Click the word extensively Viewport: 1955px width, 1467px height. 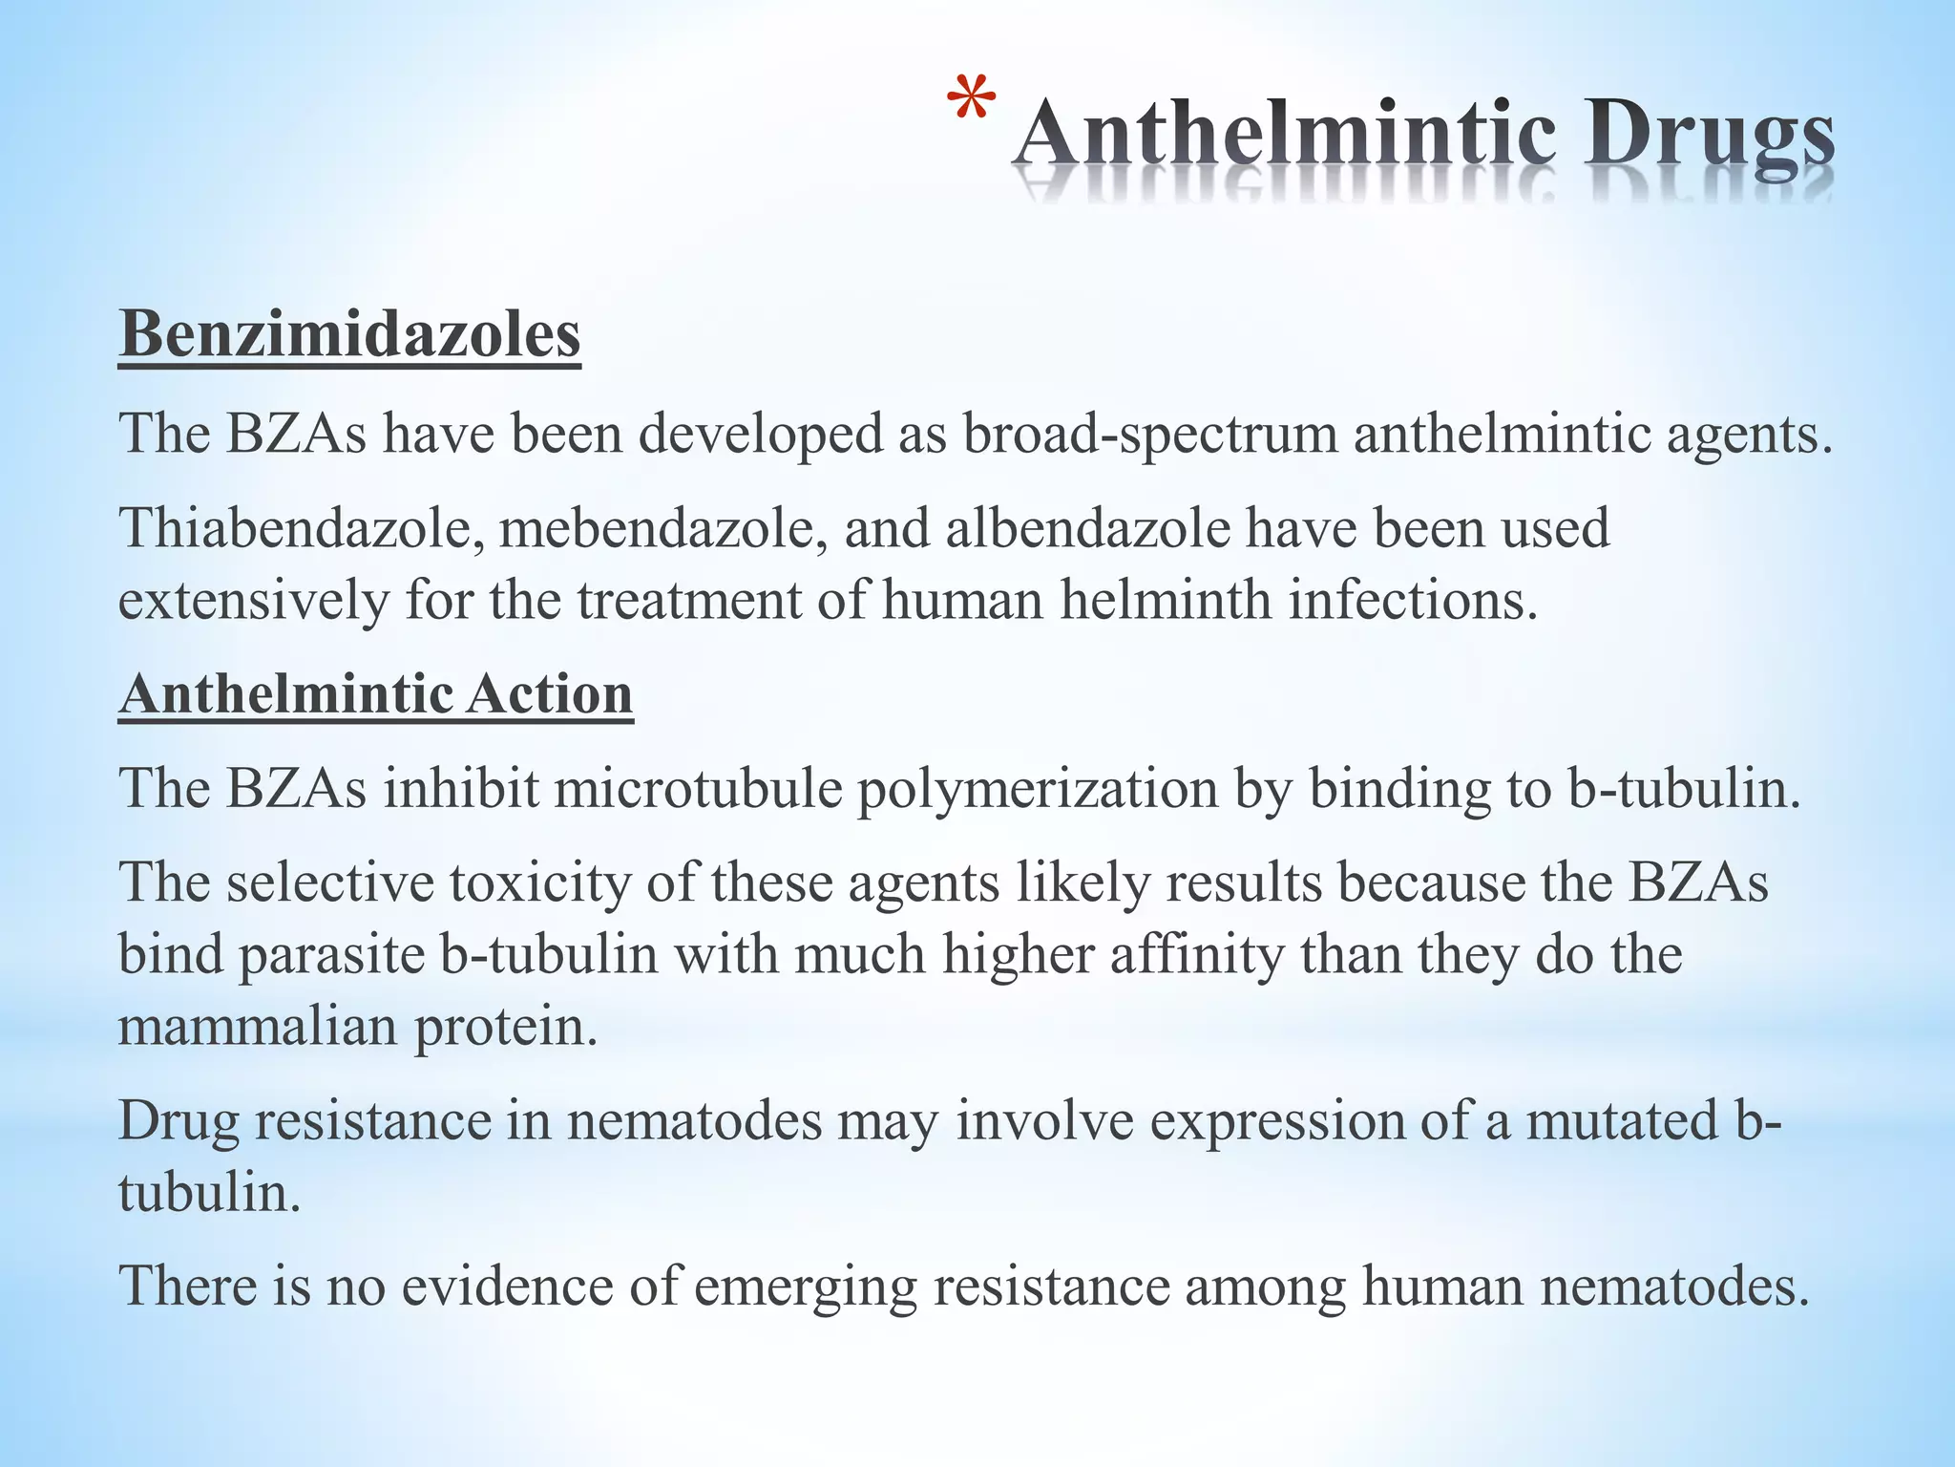point(253,602)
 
